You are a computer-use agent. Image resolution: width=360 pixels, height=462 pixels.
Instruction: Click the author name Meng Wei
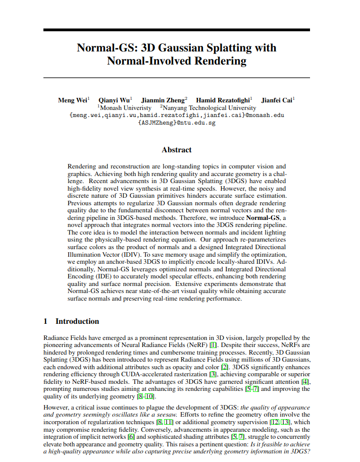tap(73, 100)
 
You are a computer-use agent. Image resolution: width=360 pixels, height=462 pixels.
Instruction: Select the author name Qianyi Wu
tap(114, 100)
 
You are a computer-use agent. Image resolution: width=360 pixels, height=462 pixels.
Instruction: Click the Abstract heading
tap(177, 150)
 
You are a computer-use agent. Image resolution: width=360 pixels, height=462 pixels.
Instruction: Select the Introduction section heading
tap(77, 321)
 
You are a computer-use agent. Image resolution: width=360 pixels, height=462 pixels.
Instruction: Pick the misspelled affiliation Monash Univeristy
tap(125, 108)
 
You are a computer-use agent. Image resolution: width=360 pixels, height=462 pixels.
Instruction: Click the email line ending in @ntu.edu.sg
tap(177, 123)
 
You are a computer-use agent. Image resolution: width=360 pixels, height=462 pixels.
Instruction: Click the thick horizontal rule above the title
tap(177, 30)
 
